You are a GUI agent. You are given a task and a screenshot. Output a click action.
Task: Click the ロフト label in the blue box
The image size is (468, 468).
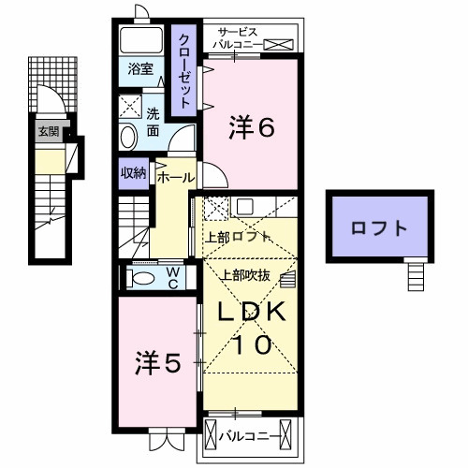coord(378,227)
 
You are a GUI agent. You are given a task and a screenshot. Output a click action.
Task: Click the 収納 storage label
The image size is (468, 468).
coord(133,173)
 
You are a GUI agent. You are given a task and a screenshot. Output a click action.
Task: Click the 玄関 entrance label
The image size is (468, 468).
coord(47,132)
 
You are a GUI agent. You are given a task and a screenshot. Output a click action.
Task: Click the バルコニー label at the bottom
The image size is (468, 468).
coord(248,435)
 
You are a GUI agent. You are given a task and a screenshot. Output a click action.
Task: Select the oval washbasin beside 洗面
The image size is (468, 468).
coord(128,137)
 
